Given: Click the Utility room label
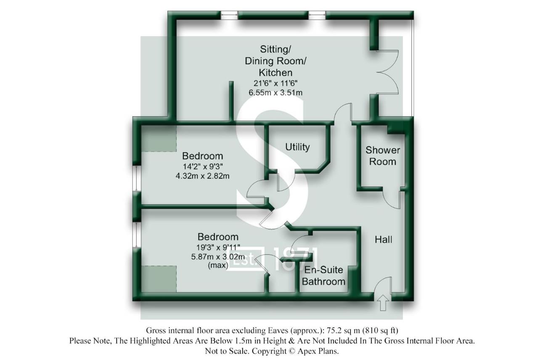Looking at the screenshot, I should (297, 147).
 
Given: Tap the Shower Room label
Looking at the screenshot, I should (382, 156).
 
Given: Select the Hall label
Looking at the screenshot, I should (384, 240).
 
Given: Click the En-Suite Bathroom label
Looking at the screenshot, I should (324, 276).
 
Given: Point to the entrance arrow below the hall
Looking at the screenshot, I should (383, 303).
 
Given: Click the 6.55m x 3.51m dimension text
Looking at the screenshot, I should (275, 92).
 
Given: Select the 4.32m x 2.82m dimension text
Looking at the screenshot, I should (202, 176).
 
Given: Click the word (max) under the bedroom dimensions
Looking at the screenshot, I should (218, 265).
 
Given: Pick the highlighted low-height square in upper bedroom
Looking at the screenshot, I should (159, 138).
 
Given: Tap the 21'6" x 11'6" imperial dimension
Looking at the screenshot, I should (275, 83).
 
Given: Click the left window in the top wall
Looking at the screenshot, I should (229, 15).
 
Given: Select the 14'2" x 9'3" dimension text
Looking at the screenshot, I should (202, 166).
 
